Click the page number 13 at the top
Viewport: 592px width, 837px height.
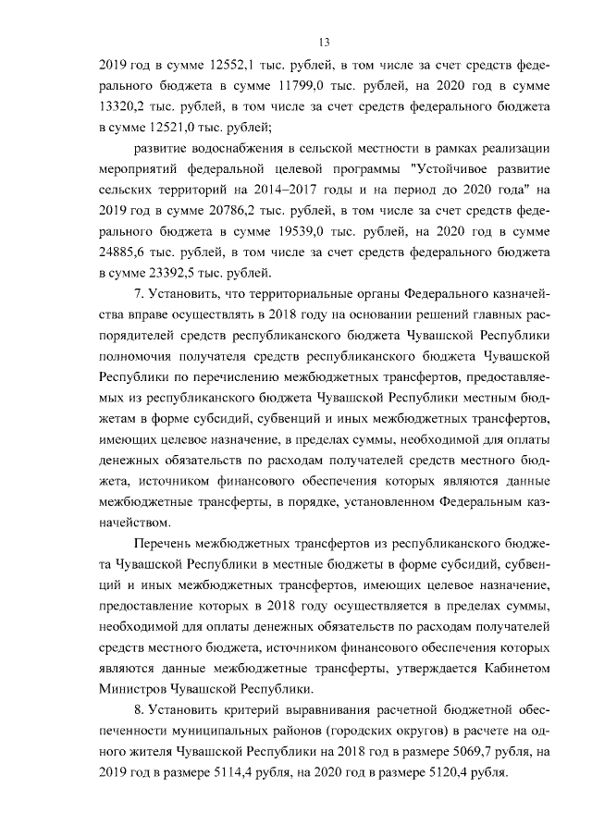(324, 42)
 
